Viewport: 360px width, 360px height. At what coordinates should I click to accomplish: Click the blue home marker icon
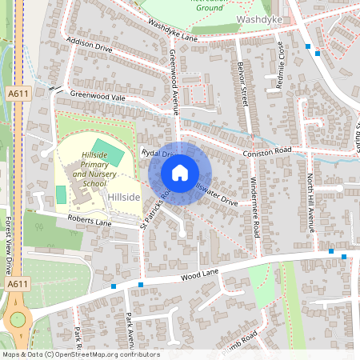pyautogui.click(x=180, y=173)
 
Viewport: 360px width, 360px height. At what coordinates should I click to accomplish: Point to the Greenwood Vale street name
pyautogui.click(x=98, y=94)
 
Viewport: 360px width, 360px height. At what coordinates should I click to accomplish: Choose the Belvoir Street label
pyautogui.click(x=243, y=83)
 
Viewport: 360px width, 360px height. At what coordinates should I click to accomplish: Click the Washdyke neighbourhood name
pyautogui.click(x=258, y=18)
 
